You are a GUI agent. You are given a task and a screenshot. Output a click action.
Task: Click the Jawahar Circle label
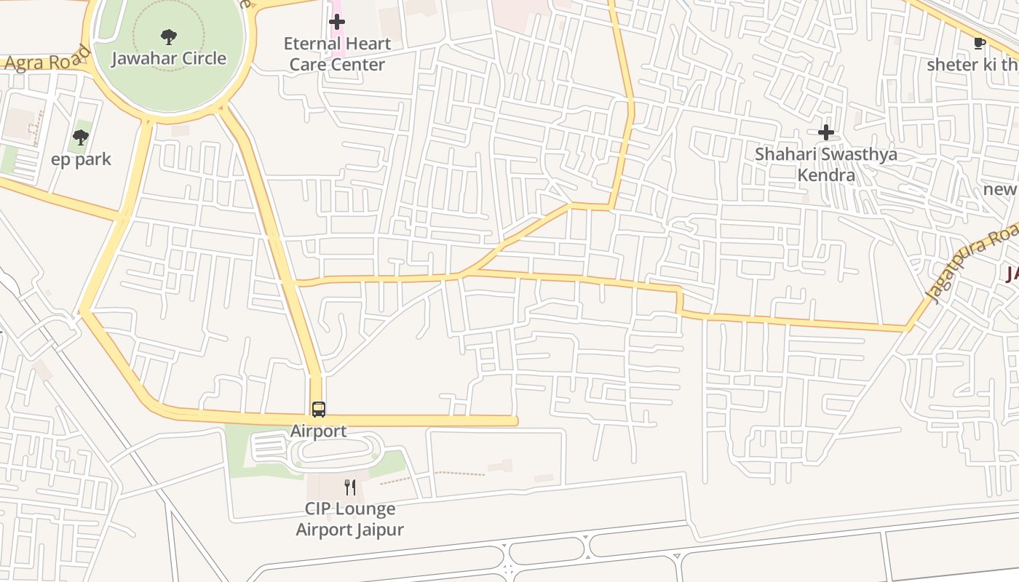(x=169, y=58)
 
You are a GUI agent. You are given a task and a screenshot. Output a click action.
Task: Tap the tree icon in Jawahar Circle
(x=169, y=36)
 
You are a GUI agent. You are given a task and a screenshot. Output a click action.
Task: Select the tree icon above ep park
(x=81, y=137)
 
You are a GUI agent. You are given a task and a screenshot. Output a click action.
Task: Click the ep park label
(x=81, y=159)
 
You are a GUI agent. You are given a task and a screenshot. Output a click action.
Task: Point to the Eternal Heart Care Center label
(x=337, y=54)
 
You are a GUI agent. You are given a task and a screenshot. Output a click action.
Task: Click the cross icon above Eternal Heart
(x=336, y=22)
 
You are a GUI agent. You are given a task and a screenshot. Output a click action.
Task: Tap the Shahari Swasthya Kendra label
(x=825, y=164)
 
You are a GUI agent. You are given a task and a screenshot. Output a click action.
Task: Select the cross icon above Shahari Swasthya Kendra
(x=825, y=132)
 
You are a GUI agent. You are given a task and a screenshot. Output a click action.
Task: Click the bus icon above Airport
(x=319, y=409)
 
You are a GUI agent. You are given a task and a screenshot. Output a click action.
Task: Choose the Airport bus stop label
(x=319, y=431)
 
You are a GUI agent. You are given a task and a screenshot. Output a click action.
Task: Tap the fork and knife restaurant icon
(x=350, y=487)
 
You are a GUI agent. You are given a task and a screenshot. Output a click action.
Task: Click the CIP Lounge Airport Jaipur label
(x=350, y=519)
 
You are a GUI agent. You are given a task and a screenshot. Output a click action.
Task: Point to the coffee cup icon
(x=979, y=43)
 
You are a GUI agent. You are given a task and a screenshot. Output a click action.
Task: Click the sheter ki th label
(x=972, y=65)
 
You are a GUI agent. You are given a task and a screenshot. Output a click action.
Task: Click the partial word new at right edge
(x=1001, y=189)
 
